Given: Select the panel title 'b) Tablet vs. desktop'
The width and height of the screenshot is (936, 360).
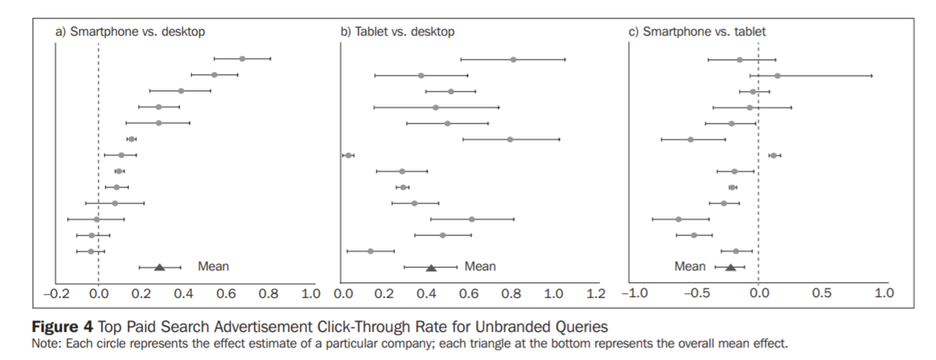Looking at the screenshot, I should (398, 32).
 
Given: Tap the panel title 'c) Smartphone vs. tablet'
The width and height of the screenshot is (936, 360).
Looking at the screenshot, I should (697, 32).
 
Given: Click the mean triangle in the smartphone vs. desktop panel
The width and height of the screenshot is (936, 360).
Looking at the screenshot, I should (159, 267).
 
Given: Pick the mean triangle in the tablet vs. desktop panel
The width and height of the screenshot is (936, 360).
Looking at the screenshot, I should (431, 267).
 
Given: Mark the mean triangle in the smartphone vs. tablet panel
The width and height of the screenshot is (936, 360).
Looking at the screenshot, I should (730, 267).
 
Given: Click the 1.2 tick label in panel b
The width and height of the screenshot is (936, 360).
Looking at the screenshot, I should (594, 293).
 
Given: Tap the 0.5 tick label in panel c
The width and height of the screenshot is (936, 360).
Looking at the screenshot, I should (820, 293).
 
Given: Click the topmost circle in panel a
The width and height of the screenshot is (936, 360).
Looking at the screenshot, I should (242, 59).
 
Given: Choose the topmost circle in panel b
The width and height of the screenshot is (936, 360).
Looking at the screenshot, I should (513, 59).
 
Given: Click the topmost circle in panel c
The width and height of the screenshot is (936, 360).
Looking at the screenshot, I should (739, 60).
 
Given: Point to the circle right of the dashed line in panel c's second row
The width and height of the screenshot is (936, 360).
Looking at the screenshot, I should (778, 76).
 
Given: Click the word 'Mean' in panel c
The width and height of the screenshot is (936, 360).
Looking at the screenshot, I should (689, 267).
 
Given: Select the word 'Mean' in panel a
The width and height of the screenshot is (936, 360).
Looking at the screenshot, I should (213, 267).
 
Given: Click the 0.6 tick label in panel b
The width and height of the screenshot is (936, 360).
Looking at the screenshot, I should (468, 293).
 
